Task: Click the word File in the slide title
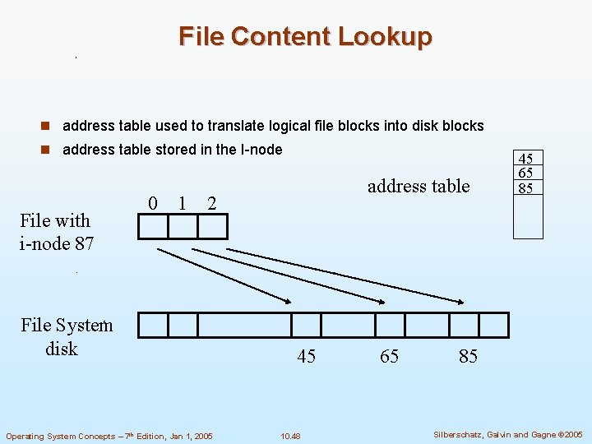pos(201,36)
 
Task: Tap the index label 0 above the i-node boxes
pos(153,202)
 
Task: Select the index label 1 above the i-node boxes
pos(181,202)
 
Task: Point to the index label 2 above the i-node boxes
pos(211,202)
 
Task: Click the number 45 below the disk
pos(306,356)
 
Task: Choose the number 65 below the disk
pos(390,356)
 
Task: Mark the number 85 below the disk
pos(468,356)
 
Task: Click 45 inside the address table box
pos(527,159)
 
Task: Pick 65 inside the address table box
pos(527,173)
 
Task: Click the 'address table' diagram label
pos(419,186)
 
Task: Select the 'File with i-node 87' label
pos(56,232)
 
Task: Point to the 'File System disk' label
pos(66,337)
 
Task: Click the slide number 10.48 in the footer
pos(290,435)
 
